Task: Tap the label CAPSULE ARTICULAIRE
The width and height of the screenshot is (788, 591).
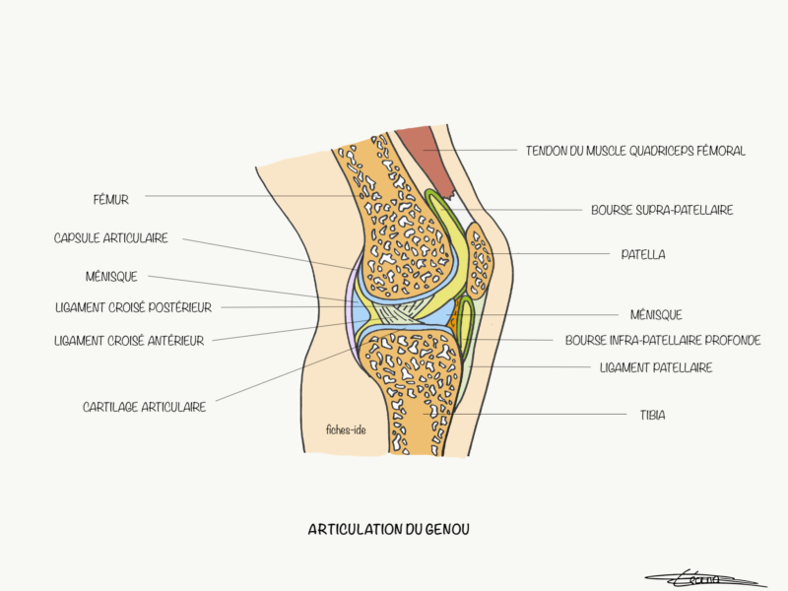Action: click(x=111, y=238)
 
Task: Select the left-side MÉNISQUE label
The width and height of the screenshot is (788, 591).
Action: click(x=111, y=277)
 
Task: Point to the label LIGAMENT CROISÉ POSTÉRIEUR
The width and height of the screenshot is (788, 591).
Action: click(x=134, y=307)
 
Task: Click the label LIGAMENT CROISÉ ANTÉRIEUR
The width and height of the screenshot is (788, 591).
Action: click(x=130, y=341)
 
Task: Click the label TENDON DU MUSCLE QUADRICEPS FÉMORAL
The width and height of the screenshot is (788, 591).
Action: click(x=635, y=151)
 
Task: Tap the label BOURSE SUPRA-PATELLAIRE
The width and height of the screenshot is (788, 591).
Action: click(x=662, y=210)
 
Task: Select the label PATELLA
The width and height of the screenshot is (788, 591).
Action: click(x=643, y=254)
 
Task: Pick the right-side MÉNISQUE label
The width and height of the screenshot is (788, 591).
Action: click(x=656, y=315)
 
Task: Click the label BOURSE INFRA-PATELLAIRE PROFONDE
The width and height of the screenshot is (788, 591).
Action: click(x=663, y=341)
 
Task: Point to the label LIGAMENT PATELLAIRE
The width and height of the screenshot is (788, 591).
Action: click(x=656, y=367)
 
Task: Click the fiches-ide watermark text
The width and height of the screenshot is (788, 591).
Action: click(x=346, y=428)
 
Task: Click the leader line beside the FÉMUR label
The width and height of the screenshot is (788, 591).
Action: click(x=246, y=196)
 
